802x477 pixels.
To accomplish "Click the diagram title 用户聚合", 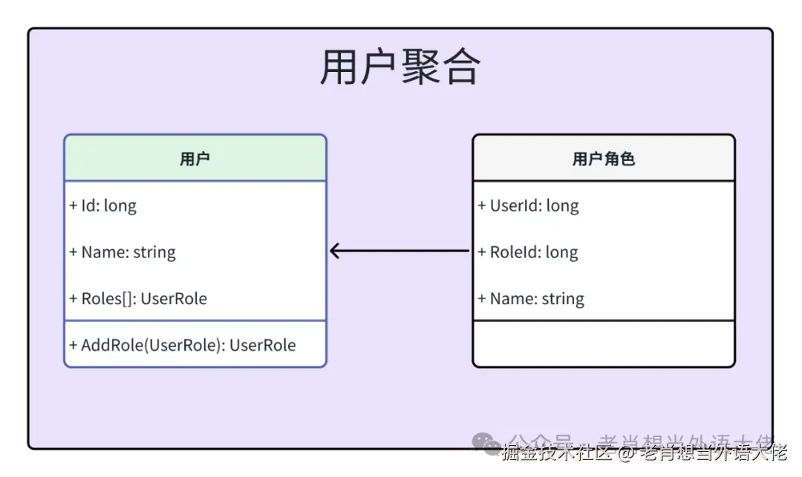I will [400, 67].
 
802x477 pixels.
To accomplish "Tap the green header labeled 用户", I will [195, 158].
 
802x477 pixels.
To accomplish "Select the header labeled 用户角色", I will [603, 158].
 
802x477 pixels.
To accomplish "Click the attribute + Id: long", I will [103, 205].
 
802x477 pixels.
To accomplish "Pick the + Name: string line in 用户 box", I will [123, 252].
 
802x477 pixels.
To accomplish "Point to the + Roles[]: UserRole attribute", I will [138, 299].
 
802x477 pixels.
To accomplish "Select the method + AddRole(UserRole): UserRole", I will [183, 345].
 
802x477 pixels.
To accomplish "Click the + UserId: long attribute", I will [528, 205].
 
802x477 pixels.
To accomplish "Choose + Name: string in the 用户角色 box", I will [531, 299].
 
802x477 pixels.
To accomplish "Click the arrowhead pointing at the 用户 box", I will [335, 251].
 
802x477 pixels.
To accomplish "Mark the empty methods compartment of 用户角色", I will [603, 343].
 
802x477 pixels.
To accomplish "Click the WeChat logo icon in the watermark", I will [488, 443].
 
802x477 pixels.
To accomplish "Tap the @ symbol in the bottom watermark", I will [627, 452].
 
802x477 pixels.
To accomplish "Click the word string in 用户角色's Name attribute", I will [562, 299].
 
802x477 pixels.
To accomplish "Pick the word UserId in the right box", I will [511, 205].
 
